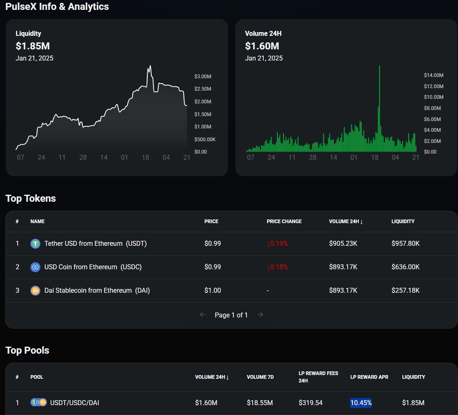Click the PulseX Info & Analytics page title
click(57, 7)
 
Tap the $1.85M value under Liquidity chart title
click(33, 46)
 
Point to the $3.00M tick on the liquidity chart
click(203, 77)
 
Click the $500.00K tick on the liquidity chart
click(205, 140)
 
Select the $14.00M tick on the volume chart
click(434, 75)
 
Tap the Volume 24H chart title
click(263, 34)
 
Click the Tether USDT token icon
click(35, 244)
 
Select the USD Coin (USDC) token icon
click(35, 267)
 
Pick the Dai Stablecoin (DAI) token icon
click(35, 291)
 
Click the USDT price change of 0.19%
click(277, 244)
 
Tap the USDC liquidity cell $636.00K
click(405, 267)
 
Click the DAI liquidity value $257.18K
click(405, 291)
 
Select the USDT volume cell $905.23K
click(343, 244)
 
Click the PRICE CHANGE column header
click(284, 221)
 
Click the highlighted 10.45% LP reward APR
click(361, 403)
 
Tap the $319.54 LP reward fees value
click(311, 403)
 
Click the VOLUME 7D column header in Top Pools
click(260, 377)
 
